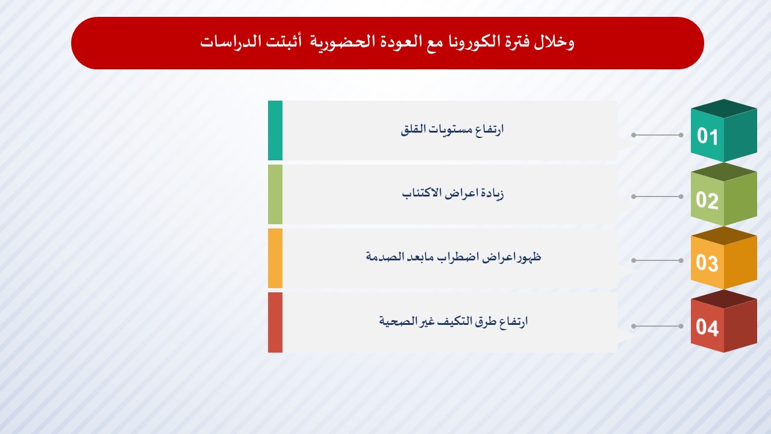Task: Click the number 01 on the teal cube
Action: click(708, 136)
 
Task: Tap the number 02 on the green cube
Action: click(707, 200)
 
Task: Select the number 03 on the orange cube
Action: click(707, 263)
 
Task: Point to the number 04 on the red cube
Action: click(707, 327)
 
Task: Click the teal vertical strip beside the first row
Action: click(275, 130)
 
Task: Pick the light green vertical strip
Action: click(275, 194)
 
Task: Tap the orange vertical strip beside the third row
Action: click(275, 259)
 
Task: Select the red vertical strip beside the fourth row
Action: click(275, 322)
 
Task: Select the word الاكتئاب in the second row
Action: click(422, 193)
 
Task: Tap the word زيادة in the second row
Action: click(491, 193)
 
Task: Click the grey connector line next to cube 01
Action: click(657, 135)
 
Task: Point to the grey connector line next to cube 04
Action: click(657, 326)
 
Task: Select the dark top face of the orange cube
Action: click(724, 236)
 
